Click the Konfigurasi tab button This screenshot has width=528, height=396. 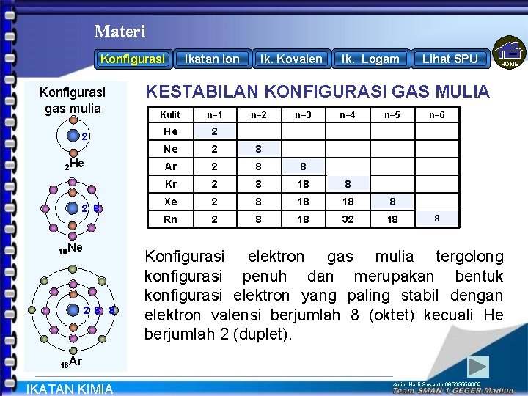[133, 59]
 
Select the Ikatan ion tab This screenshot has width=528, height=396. [212, 59]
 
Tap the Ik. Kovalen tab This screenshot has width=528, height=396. [290, 59]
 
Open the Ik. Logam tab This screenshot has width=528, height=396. [370, 59]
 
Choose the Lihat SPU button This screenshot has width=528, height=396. [450, 59]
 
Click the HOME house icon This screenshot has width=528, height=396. [510, 54]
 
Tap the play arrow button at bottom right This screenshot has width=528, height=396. [478, 366]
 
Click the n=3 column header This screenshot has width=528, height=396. [304, 115]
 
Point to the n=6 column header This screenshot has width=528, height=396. [437, 115]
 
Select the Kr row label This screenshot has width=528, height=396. [171, 184]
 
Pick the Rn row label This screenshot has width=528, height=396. [171, 219]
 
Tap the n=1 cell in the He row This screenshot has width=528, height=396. [214, 132]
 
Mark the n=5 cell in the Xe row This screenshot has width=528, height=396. [392, 202]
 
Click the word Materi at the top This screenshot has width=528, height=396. [120, 32]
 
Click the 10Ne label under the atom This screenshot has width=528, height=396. [70, 249]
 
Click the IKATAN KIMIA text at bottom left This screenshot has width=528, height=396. [70, 389]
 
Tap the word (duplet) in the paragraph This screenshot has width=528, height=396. [258, 335]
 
